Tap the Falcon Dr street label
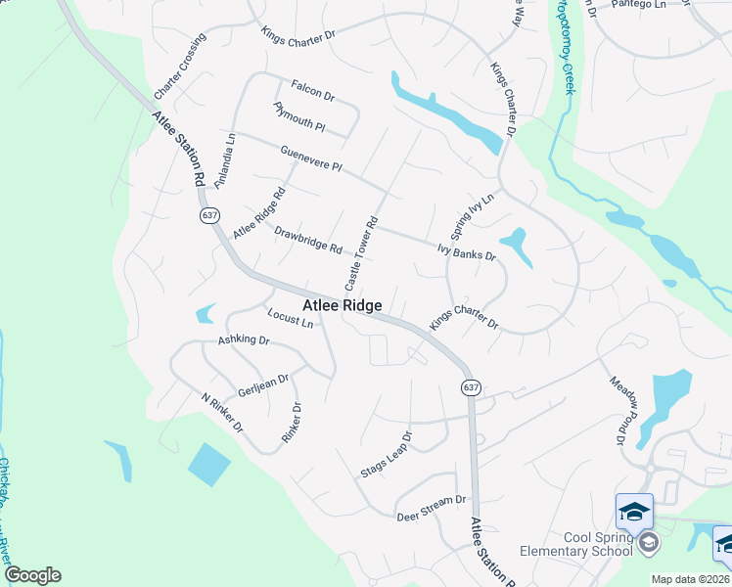(x=313, y=91)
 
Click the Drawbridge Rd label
(x=307, y=241)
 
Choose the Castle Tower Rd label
(x=360, y=253)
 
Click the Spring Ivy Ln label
(x=473, y=217)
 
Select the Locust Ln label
(x=290, y=317)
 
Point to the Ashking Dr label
(x=243, y=339)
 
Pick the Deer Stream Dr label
(x=431, y=508)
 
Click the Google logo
(x=32, y=575)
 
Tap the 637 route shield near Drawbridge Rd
(x=208, y=214)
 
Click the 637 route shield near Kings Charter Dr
(x=471, y=387)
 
